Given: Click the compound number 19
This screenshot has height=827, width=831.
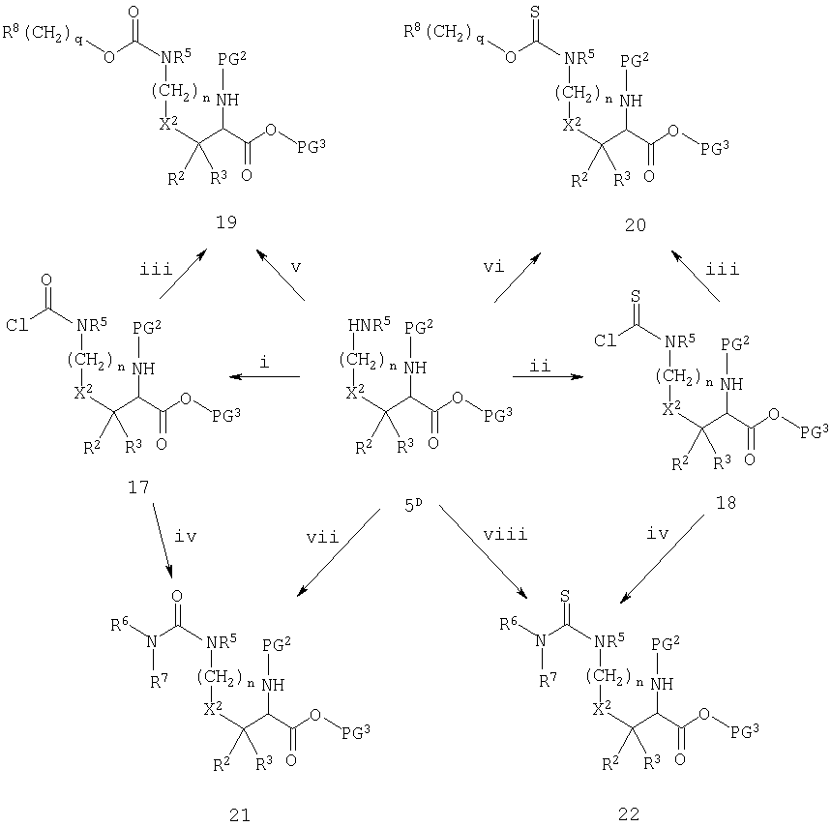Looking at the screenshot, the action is pyautogui.click(x=226, y=222).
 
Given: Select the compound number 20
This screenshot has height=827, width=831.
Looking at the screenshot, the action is pyautogui.click(x=635, y=225).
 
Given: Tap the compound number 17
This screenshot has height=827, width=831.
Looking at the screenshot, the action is pyautogui.click(x=138, y=487).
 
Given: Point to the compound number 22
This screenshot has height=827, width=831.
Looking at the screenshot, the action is pyautogui.click(x=629, y=813).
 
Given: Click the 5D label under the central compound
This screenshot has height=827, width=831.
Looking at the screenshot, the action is pyautogui.click(x=413, y=506).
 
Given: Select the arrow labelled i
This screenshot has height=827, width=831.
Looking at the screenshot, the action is pyautogui.click(x=264, y=376).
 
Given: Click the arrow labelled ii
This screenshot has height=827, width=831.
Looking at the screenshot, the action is pyautogui.click(x=548, y=376).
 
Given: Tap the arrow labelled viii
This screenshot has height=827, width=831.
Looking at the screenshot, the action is pyautogui.click(x=484, y=552).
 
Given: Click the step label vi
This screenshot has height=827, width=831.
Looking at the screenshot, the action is pyautogui.click(x=493, y=267).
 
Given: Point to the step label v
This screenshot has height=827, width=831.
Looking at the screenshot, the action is pyautogui.click(x=296, y=267).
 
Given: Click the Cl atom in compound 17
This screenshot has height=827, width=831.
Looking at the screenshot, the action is pyautogui.click(x=17, y=325).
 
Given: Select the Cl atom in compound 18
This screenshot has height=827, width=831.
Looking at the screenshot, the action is pyautogui.click(x=606, y=340).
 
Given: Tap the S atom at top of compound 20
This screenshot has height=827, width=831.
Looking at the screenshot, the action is pyautogui.click(x=535, y=13).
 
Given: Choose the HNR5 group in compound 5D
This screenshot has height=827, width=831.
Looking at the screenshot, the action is pyautogui.click(x=370, y=324).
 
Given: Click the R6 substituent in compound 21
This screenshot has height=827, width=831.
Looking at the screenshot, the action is pyautogui.click(x=120, y=625).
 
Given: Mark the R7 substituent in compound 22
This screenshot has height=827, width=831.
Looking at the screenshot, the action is pyautogui.click(x=549, y=680).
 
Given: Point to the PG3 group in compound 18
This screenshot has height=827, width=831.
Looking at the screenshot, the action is pyautogui.click(x=814, y=431).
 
